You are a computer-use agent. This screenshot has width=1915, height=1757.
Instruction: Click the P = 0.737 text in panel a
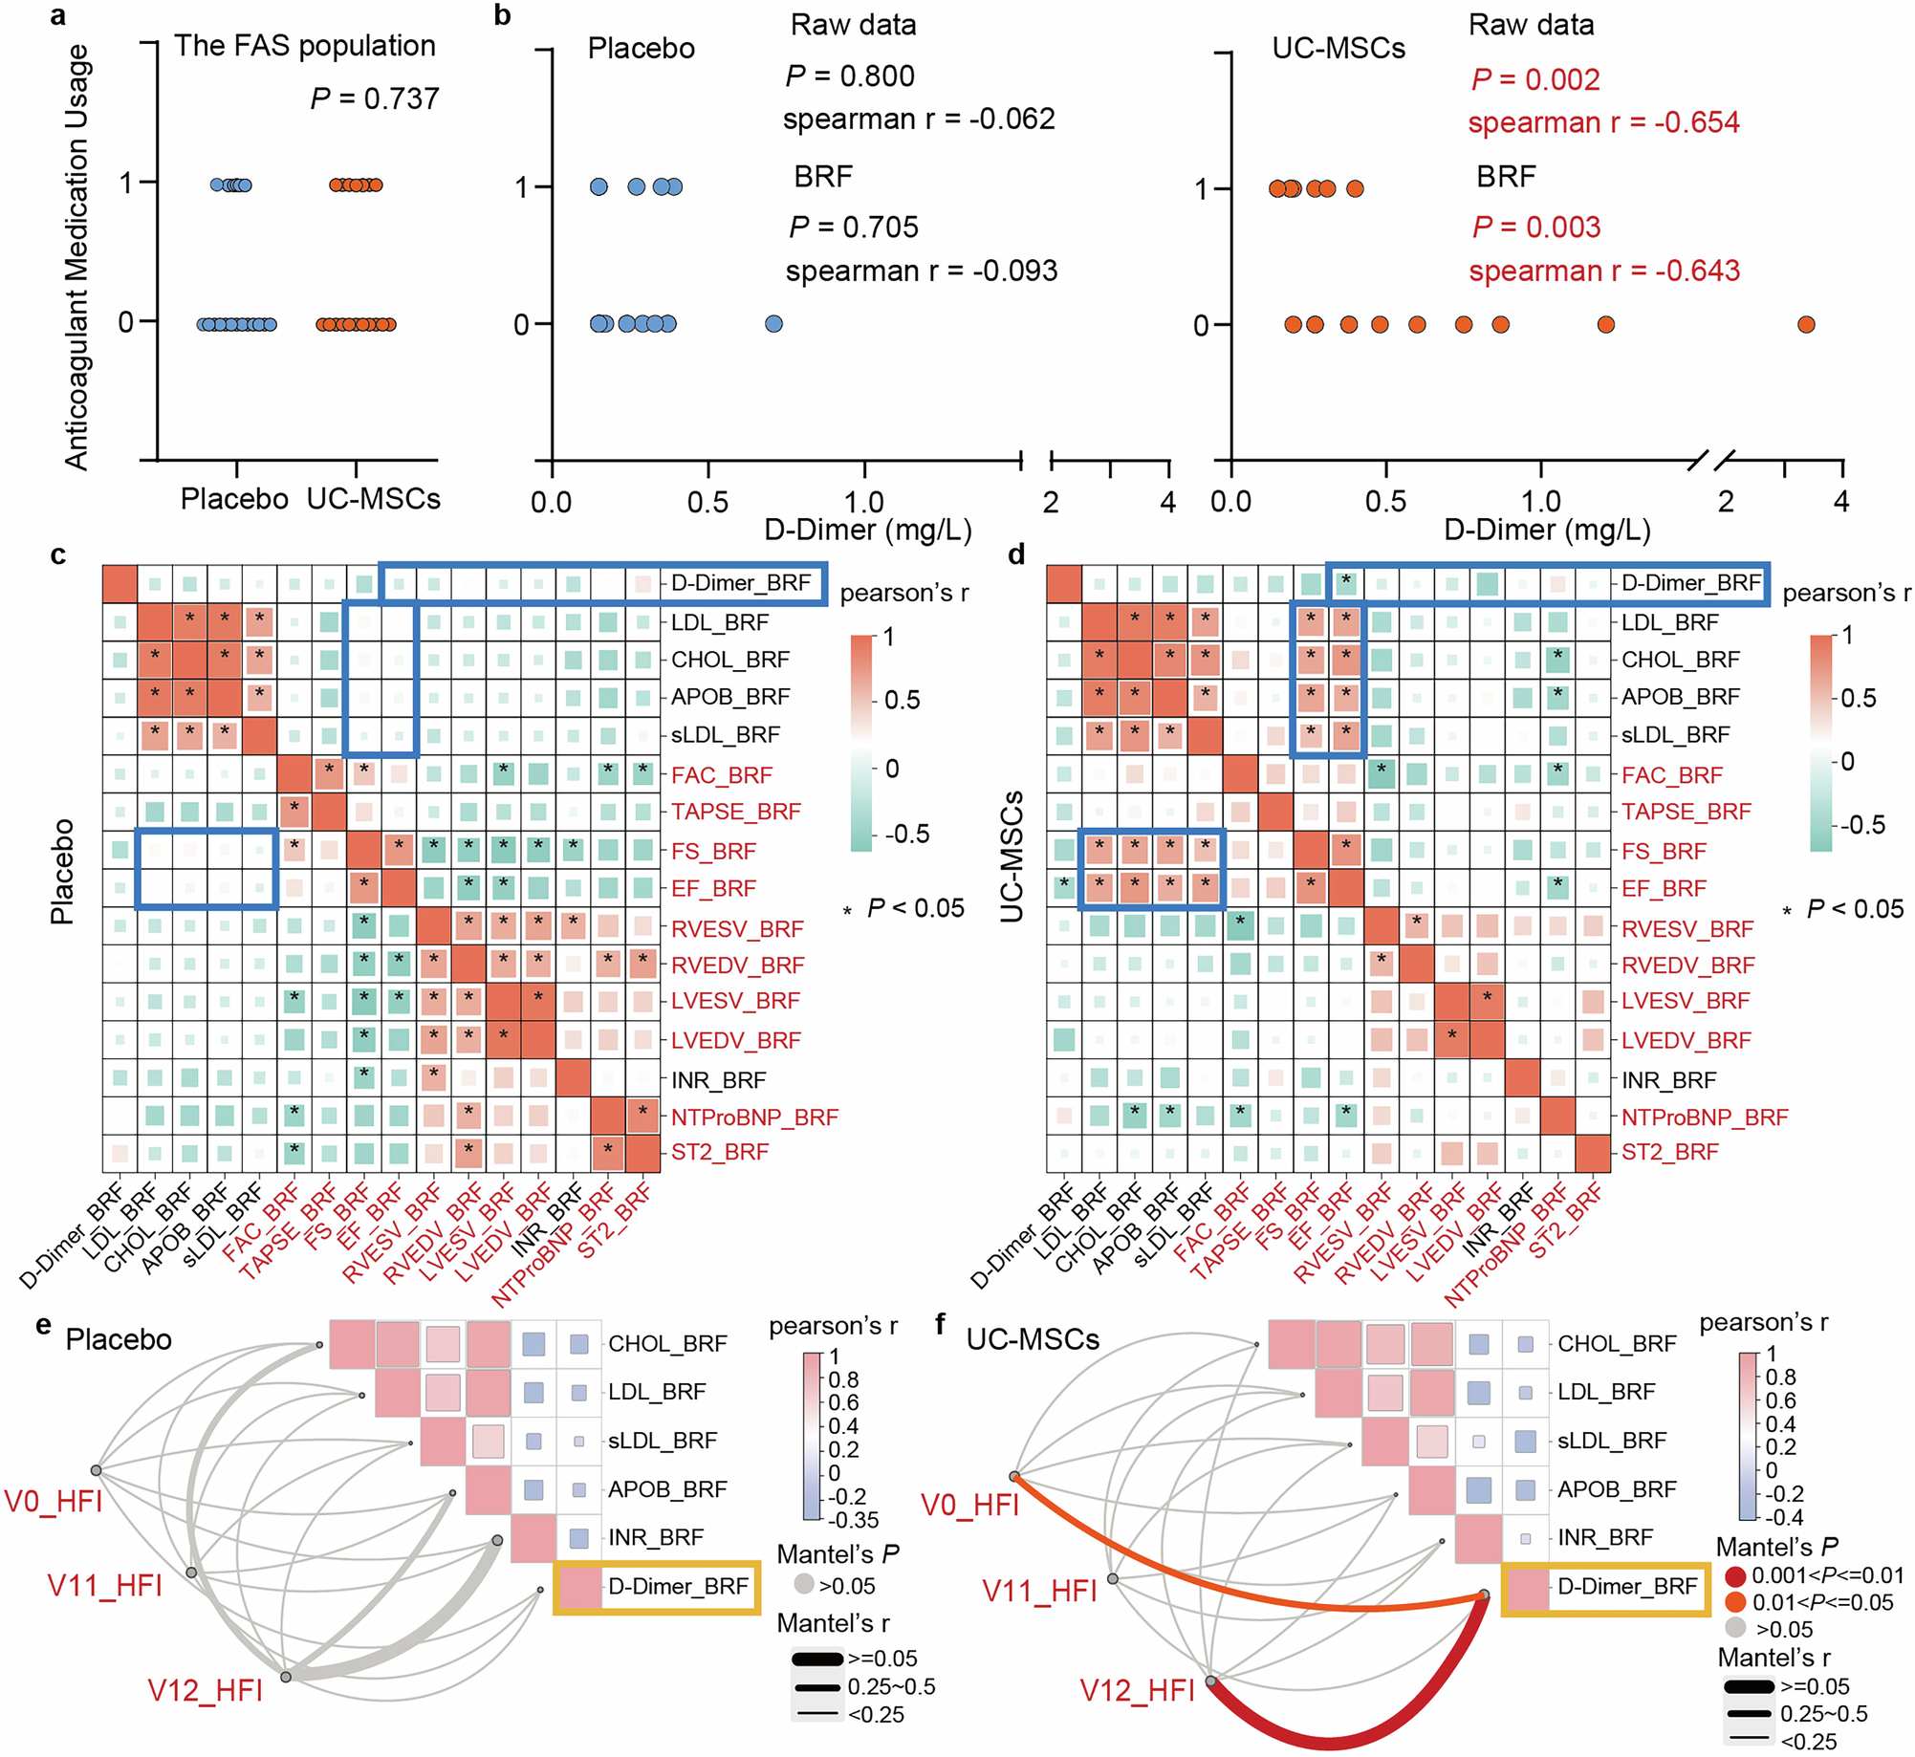click(x=375, y=98)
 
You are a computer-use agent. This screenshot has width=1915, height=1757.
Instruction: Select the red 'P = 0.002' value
click(x=1535, y=79)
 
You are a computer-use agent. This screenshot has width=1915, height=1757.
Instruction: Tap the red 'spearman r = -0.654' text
click(x=1603, y=122)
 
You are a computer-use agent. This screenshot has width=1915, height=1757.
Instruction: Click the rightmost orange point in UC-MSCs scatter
click(x=1805, y=325)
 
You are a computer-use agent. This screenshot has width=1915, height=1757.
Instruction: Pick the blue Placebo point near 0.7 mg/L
click(x=773, y=324)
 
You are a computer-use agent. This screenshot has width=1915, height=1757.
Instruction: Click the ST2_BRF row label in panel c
click(x=719, y=1152)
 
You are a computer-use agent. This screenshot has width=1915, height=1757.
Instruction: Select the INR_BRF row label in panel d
click(x=1668, y=1080)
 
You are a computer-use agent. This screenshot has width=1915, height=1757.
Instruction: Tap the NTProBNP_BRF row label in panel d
click(x=1704, y=1117)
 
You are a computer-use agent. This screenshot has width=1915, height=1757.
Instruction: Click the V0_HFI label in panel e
click(x=54, y=1502)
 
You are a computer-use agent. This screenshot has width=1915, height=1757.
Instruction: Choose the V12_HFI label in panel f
click(x=1137, y=1691)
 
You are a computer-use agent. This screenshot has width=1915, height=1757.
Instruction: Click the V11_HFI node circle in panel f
click(x=1113, y=1578)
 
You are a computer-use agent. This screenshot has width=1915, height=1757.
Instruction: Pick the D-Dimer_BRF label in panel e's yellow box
click(x=678, y=1586)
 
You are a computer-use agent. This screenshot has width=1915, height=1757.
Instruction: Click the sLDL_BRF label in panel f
click(x=1611, y=1441)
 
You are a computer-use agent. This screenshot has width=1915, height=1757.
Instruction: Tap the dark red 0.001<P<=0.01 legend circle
click(x=1735, y=1575)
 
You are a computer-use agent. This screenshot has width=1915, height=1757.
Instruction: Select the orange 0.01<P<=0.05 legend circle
click(x=1735, y=1602)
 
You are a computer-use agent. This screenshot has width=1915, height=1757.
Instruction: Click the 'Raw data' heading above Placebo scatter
click(x=853, y=25)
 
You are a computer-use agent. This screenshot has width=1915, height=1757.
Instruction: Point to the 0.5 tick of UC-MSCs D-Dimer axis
click(x=1385, y=501)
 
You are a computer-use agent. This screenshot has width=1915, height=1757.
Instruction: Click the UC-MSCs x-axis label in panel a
click(x=373, y=499)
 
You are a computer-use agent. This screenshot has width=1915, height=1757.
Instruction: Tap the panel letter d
click(x=1016, y=554)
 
